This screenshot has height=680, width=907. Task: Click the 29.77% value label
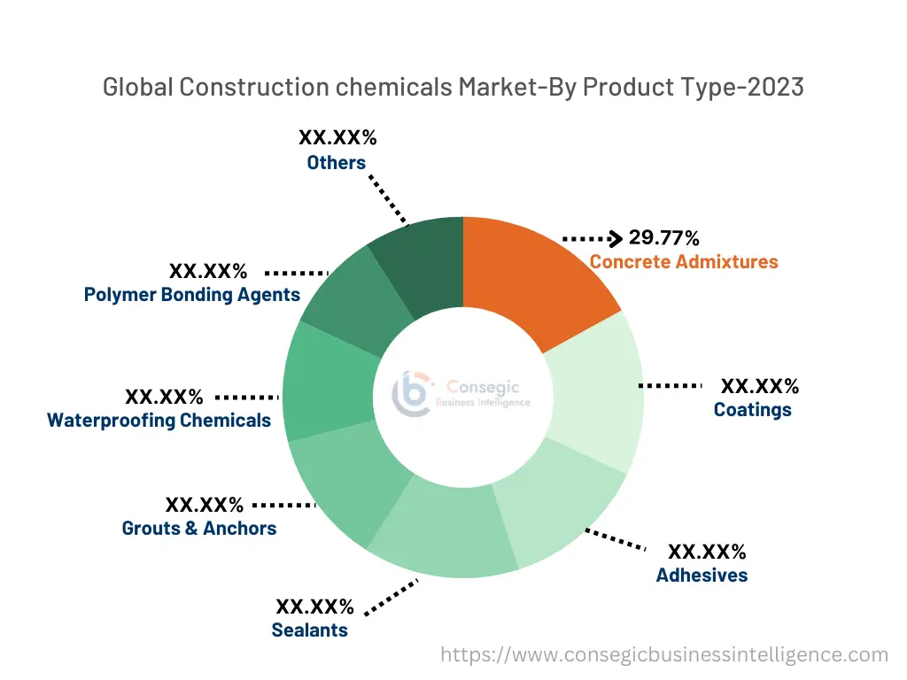pyautogui.click(x=664, y=237)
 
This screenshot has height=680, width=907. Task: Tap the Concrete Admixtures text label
pyautogui.click(x=684, y=261)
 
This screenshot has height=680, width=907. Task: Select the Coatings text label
pyautogui.click(x=752, y=409)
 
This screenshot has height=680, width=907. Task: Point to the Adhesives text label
pyautogui.click(x=702, y=575)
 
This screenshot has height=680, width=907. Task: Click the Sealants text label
pyautogui.click(x=309, y=630)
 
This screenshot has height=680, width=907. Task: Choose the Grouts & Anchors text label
pyautogui.click(x=199, y=528)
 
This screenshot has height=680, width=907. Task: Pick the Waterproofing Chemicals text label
pyautogui.click(x=159, y=420)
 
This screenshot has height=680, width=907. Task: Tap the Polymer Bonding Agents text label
pyautogui.click(x=192, y=294)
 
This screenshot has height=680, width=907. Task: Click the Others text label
pyautogui.click(x=337, y=162)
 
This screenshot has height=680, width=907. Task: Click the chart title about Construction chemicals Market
pyautogui.click(x=453, y=87)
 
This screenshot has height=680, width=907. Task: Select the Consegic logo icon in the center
pyautogui.click(x=413, y=393)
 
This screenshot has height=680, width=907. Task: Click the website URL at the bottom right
pyautogui.click(x=664, y=655)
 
